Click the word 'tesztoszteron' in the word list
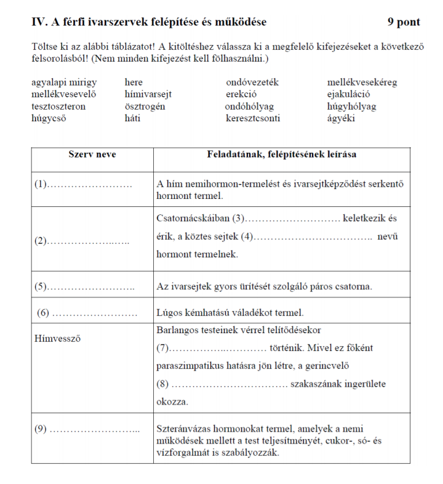[x=58, y=107]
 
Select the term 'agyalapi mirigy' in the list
[x=64, y=83]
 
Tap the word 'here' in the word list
[x=134, y=83]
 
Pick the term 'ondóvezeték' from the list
[x=252, y=83]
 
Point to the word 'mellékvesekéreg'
[x=362, y=83]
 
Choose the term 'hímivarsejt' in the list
[x=148, y=94]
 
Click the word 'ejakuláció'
[x=349, y=94]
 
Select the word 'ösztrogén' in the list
[x=145, y=107]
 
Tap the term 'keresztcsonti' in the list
[x=253, y=118]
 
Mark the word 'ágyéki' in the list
[x=341, y=118]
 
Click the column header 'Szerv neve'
[x=92, y=155]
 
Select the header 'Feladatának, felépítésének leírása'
[x=281, y=155]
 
